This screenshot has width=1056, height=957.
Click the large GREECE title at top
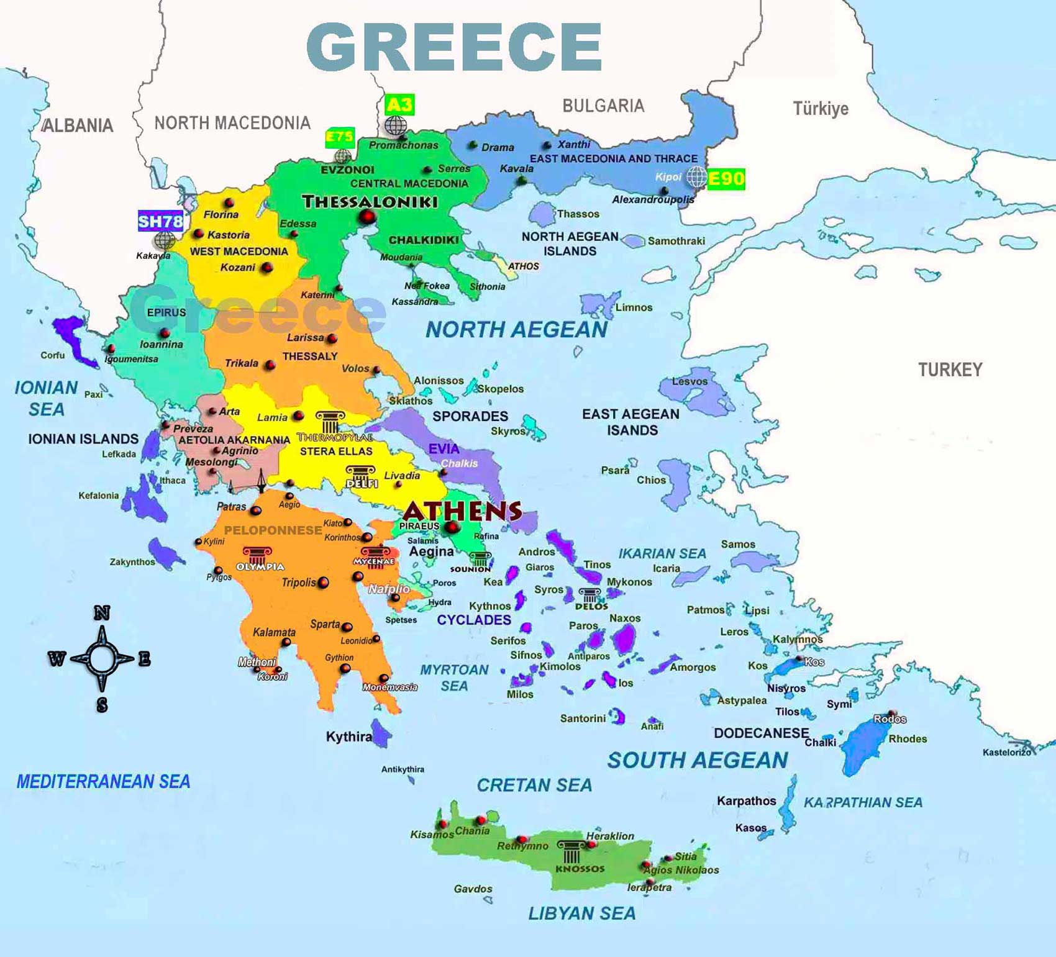[454, 47]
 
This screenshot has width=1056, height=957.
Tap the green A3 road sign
[399, 104]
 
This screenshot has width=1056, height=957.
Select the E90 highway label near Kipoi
[726, 179]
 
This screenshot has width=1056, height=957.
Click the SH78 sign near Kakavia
[160, 221]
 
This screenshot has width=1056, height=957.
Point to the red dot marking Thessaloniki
[368, 217]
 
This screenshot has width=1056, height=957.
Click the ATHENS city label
[462, 511]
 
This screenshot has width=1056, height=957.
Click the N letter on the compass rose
[102, 613]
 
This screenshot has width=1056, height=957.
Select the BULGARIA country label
[603, 106]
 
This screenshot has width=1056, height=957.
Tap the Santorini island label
[583, 719]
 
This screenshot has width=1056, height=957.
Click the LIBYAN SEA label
[582, 914]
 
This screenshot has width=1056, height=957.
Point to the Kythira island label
[348, 737]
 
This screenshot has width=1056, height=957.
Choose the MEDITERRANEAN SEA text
[103, 782]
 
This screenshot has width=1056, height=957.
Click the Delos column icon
[589, 595]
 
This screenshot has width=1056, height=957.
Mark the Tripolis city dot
[323, 583]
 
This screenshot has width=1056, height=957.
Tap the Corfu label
[53, 355]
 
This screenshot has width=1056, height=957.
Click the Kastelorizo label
[1006, 753]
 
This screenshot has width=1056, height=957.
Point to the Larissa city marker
[332, 338]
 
